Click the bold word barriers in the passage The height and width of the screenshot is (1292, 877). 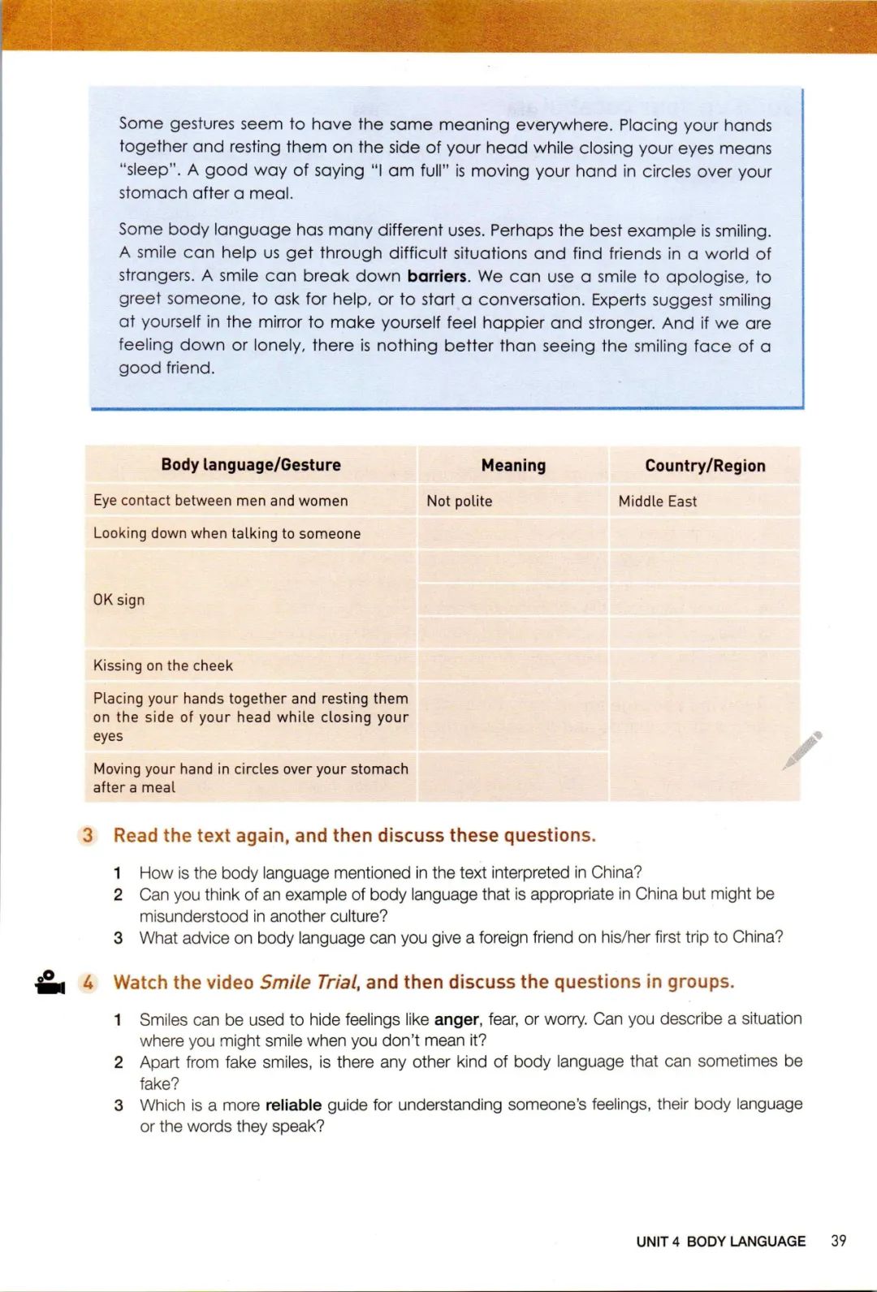point(437,276)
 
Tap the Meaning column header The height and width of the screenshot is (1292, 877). point(513,465)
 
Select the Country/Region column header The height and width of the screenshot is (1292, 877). point(705,466)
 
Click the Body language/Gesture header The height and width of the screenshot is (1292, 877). point(251,465)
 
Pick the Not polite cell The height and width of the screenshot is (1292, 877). point(460,502)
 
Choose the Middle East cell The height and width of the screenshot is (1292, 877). point(658,502)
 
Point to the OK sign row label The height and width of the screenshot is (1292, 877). point(119,600)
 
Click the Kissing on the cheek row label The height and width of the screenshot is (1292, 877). point(163,665)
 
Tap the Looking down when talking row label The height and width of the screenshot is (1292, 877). point(227,533)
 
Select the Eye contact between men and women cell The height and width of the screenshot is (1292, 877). point(220,501)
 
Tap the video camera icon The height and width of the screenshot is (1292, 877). point(50,982)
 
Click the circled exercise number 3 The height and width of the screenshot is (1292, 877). point(88,835)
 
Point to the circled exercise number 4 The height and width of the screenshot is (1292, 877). point(88,982)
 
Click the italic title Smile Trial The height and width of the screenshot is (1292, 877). point(309,982)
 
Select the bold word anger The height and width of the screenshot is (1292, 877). point(456,1019)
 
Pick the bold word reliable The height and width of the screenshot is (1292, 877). point(293,1105)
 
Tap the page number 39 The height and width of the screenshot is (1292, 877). point(839,1241)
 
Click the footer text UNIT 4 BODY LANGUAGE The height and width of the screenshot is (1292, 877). point(720,1242)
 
